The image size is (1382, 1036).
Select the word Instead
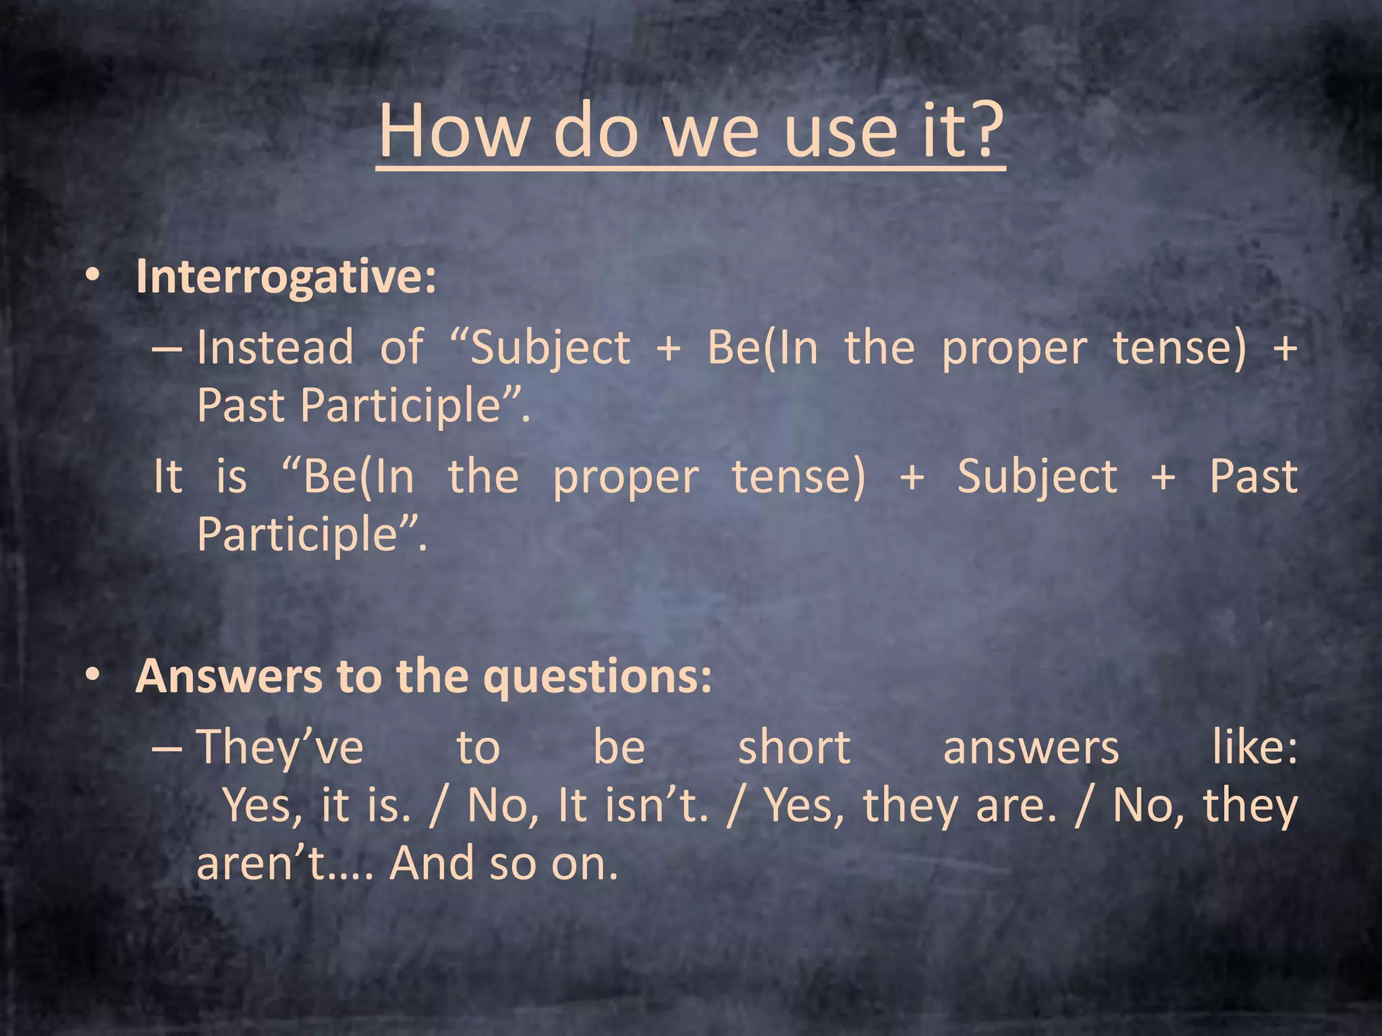point(275,347)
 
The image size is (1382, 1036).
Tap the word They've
point(280,747)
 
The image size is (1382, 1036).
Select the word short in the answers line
point(794,747)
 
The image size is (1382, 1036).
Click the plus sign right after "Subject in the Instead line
point(668,349)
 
